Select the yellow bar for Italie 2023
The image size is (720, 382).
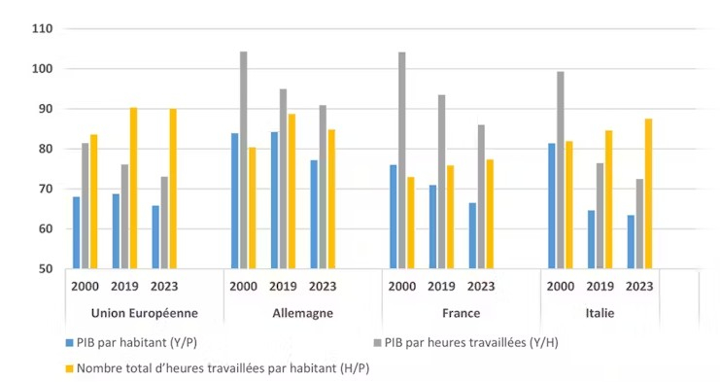[x=648, y=193]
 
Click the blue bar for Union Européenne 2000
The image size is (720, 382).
[x=77, y=232]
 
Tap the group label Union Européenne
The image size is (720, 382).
[x=144, y=313]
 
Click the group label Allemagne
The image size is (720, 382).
[x=302, y=313]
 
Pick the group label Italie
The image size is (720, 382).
[x=600, y=313]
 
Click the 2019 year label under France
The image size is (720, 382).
[x=441, y=287]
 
